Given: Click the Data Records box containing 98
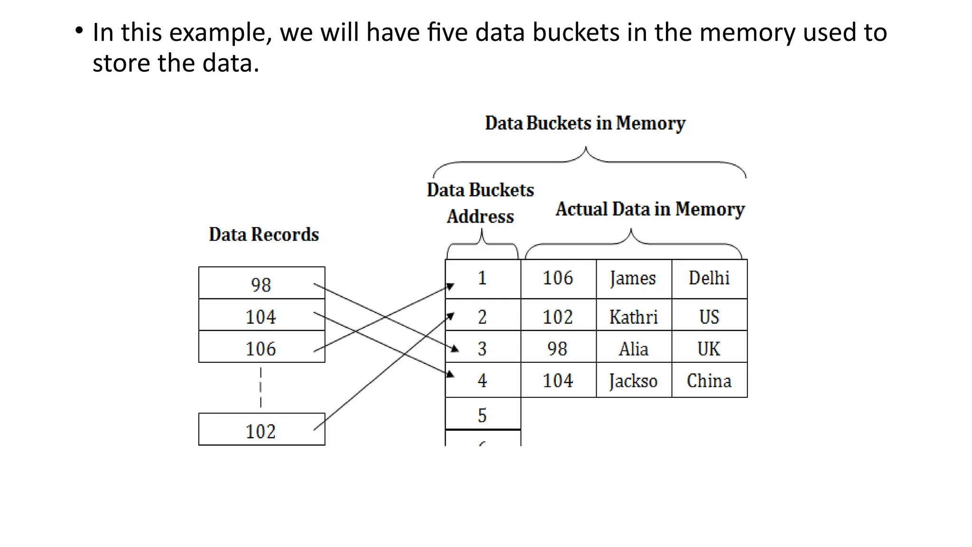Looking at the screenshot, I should (262, 283).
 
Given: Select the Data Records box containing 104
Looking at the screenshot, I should (262, 315).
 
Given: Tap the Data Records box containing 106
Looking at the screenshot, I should (262, 347).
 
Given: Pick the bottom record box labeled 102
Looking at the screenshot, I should (262, 430).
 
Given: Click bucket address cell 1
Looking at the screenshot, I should (483, 279).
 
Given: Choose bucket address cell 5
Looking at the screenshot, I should (483, 415).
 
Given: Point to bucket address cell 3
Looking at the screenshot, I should (483, 348).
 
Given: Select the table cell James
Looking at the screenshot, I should (634, 279).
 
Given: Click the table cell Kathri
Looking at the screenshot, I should (634, 316).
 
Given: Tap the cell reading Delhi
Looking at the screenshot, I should (709, 279).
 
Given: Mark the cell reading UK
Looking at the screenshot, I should (709, 348).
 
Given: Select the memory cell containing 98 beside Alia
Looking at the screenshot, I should (558, 348).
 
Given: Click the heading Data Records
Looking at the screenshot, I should (264, 235).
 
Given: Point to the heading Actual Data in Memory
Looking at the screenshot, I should (650, 209).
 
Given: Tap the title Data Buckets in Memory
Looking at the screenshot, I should (585, 123).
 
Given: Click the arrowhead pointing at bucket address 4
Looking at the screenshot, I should (450, 374).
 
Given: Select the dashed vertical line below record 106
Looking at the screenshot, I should (261, 387).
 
